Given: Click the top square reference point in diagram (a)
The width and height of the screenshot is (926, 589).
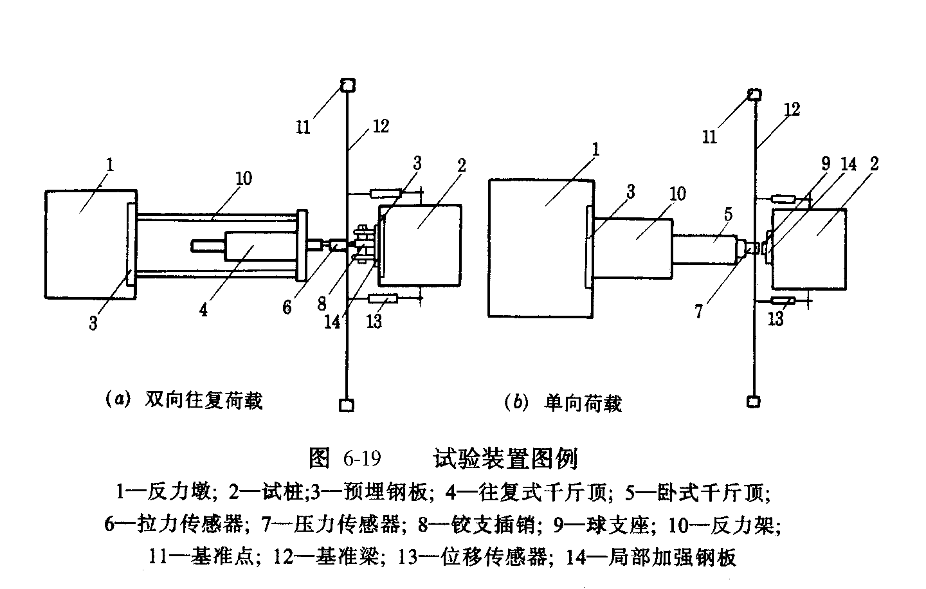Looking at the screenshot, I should coord(347,85).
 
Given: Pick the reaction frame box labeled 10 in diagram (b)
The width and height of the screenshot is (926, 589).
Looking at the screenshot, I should coord(633,247).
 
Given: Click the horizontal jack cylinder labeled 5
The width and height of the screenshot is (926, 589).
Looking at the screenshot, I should coord(705,248).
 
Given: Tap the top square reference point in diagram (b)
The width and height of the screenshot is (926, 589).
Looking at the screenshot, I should coord(754,95).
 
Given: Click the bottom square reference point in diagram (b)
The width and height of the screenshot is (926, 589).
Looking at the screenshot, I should coord(754,401).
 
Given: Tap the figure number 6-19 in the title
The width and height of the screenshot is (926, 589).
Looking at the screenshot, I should coord(362,459).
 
